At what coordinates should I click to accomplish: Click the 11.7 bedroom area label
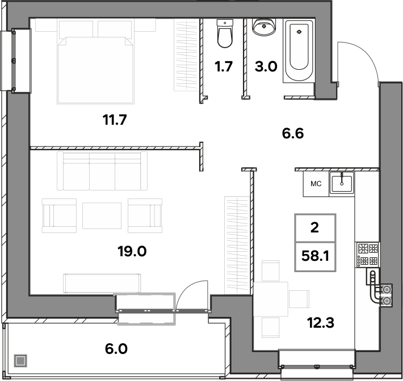pos(115,120)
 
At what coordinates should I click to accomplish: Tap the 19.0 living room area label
pos(132,251)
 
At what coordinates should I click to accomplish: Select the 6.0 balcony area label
pos(116,349)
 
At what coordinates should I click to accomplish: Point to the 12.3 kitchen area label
pos(321,323)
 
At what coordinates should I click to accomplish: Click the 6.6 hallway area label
pos(293,133)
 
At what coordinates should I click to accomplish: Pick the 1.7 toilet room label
pos(224,66)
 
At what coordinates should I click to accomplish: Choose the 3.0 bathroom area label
pos(266,66)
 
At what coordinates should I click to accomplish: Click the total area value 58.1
pos(315,256)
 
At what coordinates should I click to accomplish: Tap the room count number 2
pos(315,227)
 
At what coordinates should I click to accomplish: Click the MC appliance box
pos(316,184)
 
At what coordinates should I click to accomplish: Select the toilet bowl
pos(225,33)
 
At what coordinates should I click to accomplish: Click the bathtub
pos(299,51)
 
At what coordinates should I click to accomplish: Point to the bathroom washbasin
pos(264,27)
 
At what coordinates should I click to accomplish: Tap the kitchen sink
pos(342,184)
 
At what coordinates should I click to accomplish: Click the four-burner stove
pos(367,255)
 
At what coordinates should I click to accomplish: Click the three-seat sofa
pos(102,171)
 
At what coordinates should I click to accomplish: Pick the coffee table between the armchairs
pos(102,215)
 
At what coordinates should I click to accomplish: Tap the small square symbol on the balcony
pos(20,361)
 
